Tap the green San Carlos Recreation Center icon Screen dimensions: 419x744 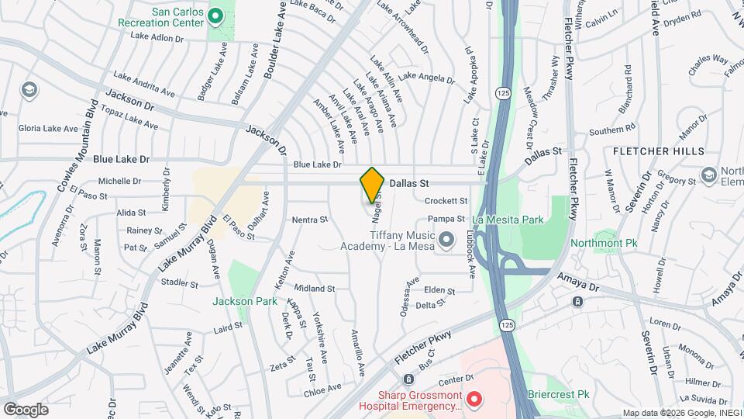216,15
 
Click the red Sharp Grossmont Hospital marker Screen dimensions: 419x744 474,399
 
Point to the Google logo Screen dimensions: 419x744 26,409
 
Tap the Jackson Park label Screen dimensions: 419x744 244,300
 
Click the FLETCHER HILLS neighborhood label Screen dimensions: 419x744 648,151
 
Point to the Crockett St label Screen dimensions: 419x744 445,201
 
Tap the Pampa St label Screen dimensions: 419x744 445,220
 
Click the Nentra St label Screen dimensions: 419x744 310,220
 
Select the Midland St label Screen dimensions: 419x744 314,288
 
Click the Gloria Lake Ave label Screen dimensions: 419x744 48,128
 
